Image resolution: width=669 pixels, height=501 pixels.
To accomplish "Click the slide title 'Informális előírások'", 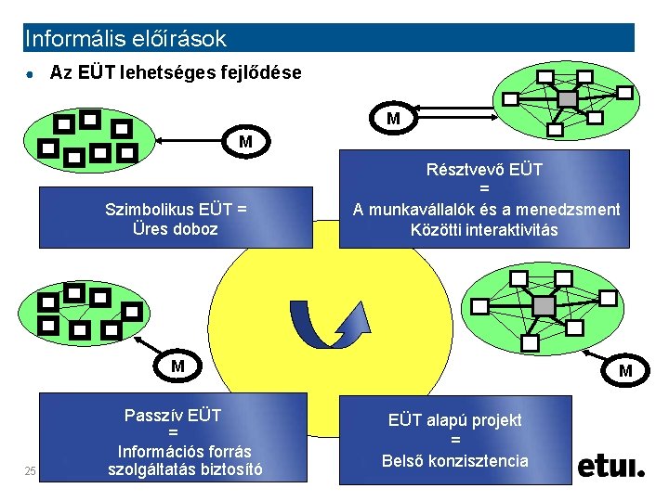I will click(x=126, y=39).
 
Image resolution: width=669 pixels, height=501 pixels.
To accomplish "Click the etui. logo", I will click(x=610, y=466).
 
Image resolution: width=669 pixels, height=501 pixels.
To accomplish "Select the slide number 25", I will click(x=30, y=472).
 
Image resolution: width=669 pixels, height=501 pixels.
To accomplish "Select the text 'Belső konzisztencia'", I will click(x=455, y=461).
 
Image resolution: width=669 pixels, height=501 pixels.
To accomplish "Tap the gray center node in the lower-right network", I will click(x=544, y=305).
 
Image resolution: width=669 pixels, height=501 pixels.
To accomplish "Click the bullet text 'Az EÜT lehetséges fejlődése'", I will click(x=176, y=72).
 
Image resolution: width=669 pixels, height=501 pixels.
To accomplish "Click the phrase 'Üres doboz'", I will click(x=176, y=228).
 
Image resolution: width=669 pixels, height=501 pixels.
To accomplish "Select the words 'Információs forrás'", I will click(x=184, y=452).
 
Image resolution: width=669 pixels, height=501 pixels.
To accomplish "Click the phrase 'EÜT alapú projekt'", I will click(x=455, y=420).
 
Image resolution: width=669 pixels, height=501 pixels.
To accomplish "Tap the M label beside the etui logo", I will click(x=625, y=371).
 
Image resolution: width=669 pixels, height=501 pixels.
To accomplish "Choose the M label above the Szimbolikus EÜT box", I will click(x=245, y=142).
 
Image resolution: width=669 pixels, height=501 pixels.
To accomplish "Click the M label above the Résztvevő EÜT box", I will click(x=394, y=119).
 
